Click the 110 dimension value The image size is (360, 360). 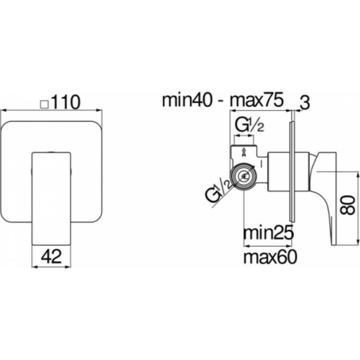coord(65,102)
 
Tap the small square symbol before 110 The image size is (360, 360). coord(44,104)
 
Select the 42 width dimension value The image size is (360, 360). coord(52,256)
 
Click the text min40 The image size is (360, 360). coord(187,100)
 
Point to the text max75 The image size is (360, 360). coord(257,100)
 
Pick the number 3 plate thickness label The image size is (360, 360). coord(305,103)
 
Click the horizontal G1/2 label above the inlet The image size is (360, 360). coord(250,126)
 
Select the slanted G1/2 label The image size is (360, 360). coord(218,190)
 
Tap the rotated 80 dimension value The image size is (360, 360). coord(347,205)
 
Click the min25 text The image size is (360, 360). coord(268,233)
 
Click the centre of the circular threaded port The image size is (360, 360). coord(244,176)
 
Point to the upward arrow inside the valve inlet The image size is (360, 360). coord(244,152)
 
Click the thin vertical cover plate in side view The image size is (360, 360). coord(292,172)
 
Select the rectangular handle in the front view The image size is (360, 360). coord(51,199)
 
